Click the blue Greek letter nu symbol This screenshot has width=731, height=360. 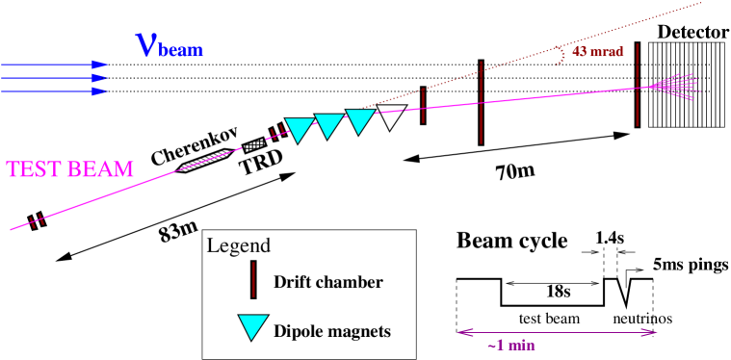[146, 44]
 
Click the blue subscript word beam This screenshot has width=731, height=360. [181, 51]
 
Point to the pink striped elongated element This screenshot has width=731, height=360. [205, 161]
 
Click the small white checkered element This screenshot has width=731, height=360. [254, 145]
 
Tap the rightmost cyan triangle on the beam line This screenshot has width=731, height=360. [359, 120]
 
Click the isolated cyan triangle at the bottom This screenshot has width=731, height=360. [252, 326]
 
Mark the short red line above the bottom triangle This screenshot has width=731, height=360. [253, 279]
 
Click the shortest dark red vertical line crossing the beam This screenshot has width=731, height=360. [423, 105]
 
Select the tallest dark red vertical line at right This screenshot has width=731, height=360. [637, 85]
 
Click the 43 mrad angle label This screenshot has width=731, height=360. [597, 52]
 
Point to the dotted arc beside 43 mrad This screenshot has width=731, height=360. [560, 55]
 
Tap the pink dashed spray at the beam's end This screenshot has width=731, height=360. [674, 86]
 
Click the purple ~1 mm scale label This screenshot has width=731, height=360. [511, 346]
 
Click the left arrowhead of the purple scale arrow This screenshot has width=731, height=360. [462, 332]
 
